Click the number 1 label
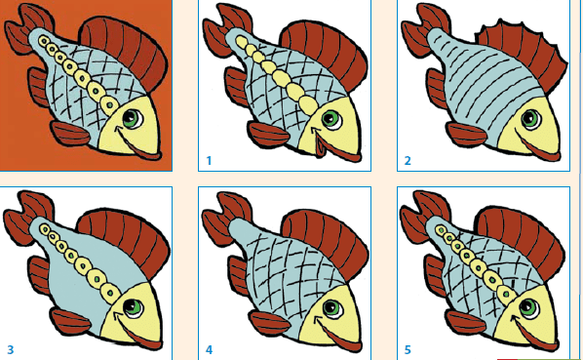coord(209,161)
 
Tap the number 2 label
coord(408,161)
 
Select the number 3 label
coord(11,349)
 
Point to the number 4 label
coord(209,349)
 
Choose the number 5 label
coord(408,349)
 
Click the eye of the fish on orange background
coord(133,119)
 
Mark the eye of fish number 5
coord(528,308)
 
